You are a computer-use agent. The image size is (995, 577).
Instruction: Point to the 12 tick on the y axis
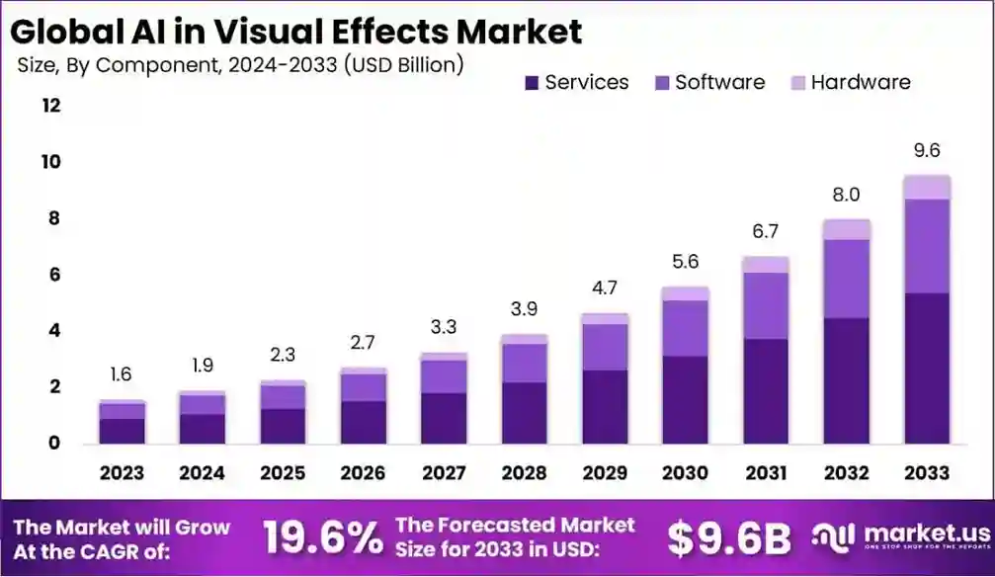tap(50, 106)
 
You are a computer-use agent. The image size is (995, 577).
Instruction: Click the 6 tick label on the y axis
tap(55, 275)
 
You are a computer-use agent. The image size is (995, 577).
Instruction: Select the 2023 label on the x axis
tap(122, 473)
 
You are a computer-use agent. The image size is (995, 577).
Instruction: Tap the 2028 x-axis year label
tap(524, 473)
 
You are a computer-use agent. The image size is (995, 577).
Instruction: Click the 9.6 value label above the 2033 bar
tap(926, 150)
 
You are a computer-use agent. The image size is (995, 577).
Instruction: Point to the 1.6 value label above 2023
tap(122, 374)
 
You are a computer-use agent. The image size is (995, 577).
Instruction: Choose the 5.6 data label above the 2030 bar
tap(685, 262)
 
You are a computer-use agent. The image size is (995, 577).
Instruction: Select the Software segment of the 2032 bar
tap(846, 279)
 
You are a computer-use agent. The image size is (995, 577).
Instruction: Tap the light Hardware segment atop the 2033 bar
tap(926, 187)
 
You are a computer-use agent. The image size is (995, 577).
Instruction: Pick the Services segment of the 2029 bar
tap(604, 406)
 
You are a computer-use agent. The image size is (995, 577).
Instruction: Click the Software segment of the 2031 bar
tap(765, 305)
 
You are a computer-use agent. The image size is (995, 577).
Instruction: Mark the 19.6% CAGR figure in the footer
tap(322, 538)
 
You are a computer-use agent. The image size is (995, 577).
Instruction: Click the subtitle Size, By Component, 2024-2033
tap(241, 65)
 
